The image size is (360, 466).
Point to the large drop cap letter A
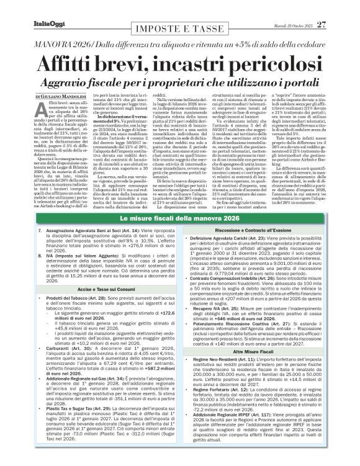click(57, 111)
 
